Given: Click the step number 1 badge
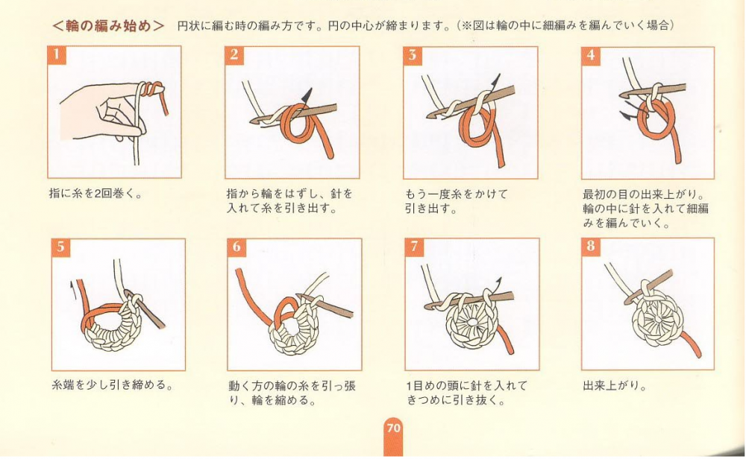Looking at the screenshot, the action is tap(56, 54).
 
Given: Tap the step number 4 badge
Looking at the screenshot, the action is tap(590, 54).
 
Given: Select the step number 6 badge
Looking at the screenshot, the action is tap(236, 247).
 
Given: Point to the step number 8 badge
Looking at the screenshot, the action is tap(590, 246).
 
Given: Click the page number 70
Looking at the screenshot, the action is tap(393, 428).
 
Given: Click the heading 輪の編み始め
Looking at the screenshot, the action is tap(108, 25).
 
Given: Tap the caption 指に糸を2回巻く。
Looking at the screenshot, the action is tap(95, 194).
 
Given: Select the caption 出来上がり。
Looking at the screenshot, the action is tap(615, 385).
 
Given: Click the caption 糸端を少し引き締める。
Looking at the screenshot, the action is tap(113, 384).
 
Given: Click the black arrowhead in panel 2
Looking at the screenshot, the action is tap(307, 95).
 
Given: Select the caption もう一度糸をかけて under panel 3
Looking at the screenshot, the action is tap(457, 194).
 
